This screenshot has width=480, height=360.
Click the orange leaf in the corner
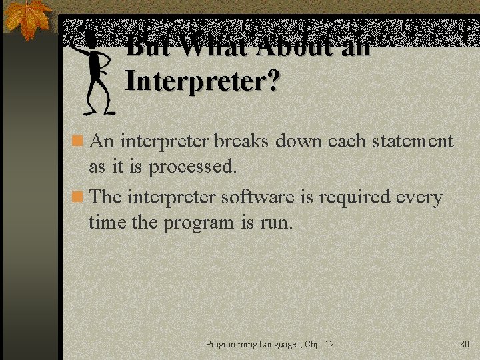click(x=27, y=18)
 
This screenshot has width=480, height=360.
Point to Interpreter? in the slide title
click(x=203, y=82)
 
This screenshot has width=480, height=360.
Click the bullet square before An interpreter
click(x=78, y=141)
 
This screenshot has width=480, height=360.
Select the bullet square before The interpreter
click(x=78, y=197)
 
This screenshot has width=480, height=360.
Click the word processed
click(x=193, y=167)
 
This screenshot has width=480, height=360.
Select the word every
click(x=419, y=198)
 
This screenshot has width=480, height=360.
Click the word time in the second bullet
click(x=107, y=223)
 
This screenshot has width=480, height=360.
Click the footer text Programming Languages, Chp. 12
click(x=269, y=344)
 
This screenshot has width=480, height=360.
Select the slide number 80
click(x=465, y=344)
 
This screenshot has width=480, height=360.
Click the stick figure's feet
click(x=100, y=111)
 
